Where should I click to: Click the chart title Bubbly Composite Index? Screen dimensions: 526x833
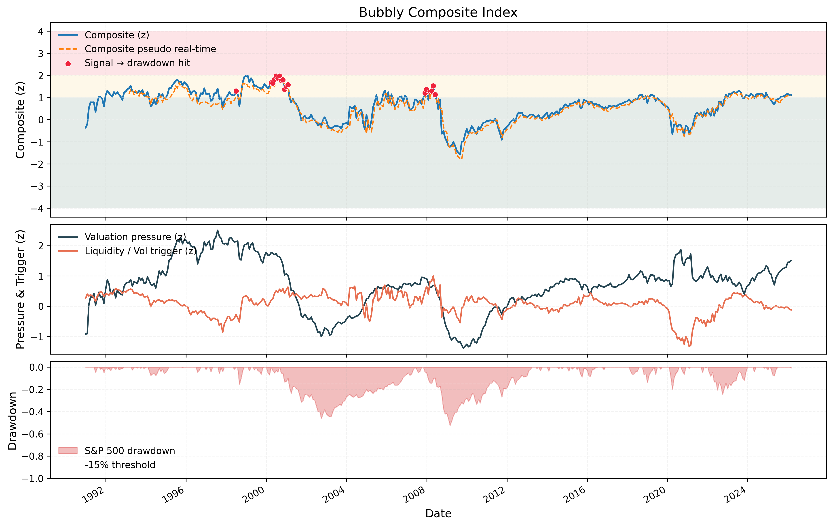click(x=438, y=13)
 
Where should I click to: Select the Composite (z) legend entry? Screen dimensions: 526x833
click(x=116, y=35)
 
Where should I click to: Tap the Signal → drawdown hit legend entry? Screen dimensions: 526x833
click(x=137, y=63)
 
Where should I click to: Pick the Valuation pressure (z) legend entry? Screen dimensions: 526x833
click(x=135, y=237)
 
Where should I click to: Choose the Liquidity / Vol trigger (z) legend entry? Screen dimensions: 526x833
click(x=140, y=251)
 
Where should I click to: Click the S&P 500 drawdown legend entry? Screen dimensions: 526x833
click(x=130, y=451)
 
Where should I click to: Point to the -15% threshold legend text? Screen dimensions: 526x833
click(x=120, y=465)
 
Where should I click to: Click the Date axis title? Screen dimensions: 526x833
click(x=438, y=513)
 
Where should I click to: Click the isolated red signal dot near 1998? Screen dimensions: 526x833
click(x=236, y=91)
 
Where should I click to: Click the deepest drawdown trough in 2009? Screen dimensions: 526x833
click(x=450, y=425)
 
